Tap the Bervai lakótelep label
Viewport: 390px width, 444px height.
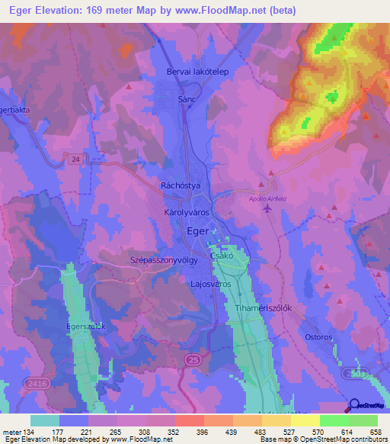pos(197,72)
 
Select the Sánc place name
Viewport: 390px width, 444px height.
pos(187,100)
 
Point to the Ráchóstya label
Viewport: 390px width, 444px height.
pos(180,186)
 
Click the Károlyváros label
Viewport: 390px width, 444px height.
pos(186,213)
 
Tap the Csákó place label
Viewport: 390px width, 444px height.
pos(222,258)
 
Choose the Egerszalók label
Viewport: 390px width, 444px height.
pos(85,326)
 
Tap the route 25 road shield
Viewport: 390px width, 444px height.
pos(195,358)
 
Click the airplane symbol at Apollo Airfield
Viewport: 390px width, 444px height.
pos(267,211)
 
